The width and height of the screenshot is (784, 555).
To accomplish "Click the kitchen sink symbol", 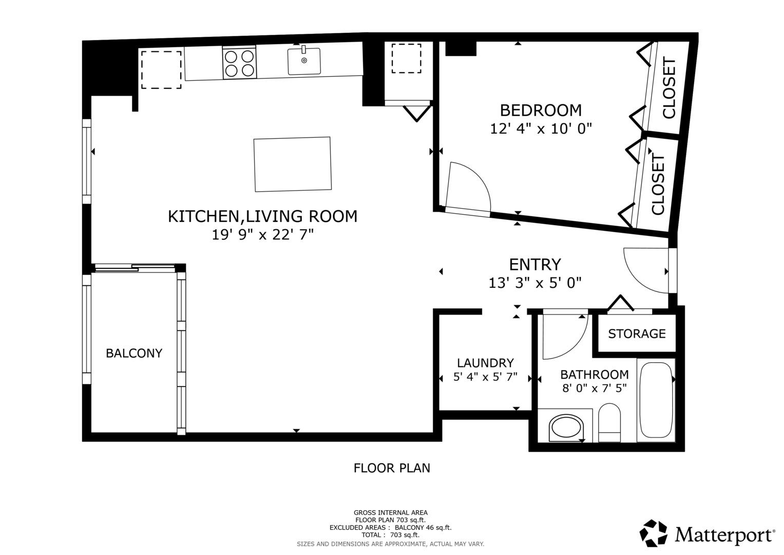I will tap(304, 61).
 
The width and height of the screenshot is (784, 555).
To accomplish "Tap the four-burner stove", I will tap(239, 63).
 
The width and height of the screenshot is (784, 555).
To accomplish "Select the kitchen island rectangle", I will tap(292, 164).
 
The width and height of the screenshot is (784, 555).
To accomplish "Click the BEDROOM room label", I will tap(541, 110).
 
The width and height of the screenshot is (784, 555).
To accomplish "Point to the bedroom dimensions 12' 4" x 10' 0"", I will tap(541, 128).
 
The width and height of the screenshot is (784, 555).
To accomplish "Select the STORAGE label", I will tap(637, 334).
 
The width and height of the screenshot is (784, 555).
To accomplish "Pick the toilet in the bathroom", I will tap(609, 422).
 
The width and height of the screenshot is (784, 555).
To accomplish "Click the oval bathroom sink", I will tap(566, 428).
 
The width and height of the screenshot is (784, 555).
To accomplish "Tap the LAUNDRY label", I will tap(485, 363).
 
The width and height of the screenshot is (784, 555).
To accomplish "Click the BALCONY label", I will tap(134, 354).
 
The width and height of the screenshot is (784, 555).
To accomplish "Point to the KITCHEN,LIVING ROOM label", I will tap(262, 216).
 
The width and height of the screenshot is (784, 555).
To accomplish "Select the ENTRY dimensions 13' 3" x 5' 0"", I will tap(534, 283).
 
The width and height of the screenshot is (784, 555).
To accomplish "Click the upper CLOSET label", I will tap(669, 89).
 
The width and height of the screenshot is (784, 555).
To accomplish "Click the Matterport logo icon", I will tap(654, 533).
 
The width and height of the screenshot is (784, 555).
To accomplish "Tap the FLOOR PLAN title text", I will tap(392, 468).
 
